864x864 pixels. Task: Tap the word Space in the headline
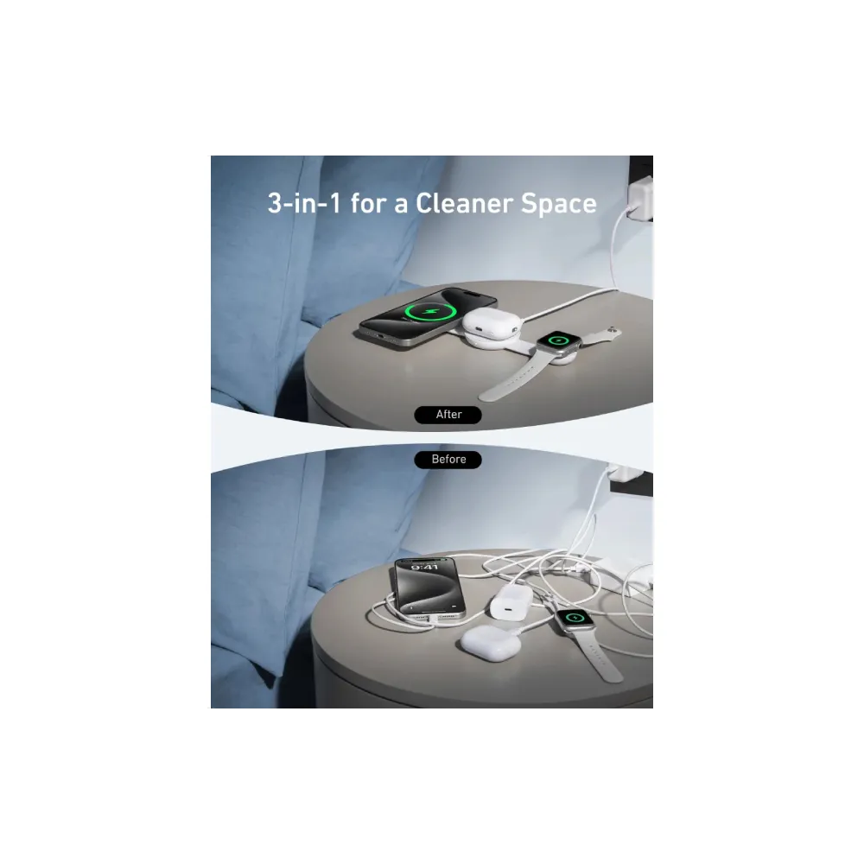click(559, 205)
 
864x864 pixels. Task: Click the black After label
click(448, 415)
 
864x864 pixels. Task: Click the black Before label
click(448, 460)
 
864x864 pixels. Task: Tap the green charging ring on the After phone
click(430, 313)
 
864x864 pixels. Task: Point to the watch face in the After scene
click(558, 340)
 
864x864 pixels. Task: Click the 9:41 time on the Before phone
click(424, 567)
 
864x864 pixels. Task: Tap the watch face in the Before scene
click(575, 619)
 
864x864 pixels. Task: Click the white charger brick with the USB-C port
click(510, 601)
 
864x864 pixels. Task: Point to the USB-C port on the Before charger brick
click(503, 611)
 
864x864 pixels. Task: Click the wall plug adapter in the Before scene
click(626, 473)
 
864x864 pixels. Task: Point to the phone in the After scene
click(428, 316)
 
